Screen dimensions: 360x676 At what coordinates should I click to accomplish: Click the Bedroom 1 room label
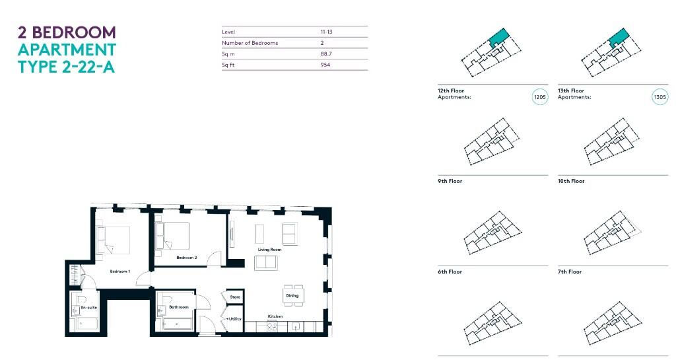119,271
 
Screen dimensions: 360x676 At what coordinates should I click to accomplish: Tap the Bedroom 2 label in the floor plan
187,258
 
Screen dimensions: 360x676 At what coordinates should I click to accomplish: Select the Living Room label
269,250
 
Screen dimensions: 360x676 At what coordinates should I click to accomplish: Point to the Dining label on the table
292,295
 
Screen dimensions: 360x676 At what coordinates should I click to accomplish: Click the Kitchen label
275,316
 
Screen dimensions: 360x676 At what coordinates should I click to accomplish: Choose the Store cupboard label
235,297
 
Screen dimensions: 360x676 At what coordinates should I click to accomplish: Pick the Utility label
236,319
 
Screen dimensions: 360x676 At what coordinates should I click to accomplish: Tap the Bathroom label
179,307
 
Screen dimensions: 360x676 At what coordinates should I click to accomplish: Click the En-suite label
88,308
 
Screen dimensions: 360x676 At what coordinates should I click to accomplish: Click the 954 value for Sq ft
325,65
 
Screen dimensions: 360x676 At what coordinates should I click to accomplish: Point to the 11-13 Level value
326,32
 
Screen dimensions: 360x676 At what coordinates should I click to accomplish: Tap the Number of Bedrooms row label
250,43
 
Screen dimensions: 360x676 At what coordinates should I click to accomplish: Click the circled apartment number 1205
539,97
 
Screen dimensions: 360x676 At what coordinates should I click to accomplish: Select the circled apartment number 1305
659,97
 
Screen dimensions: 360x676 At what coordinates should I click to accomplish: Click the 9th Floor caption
450,181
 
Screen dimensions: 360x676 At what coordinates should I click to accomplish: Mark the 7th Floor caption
570,272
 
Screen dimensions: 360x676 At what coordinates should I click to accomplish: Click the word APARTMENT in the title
67,50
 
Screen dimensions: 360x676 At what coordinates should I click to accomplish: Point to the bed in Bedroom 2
174,234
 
